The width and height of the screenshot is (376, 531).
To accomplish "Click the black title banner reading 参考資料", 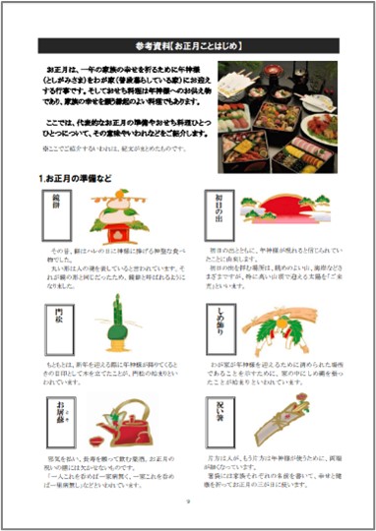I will pyautogui.click(x=188, y=45).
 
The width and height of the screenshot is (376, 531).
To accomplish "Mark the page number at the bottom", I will pyautogui.click(x=187, y=500).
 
